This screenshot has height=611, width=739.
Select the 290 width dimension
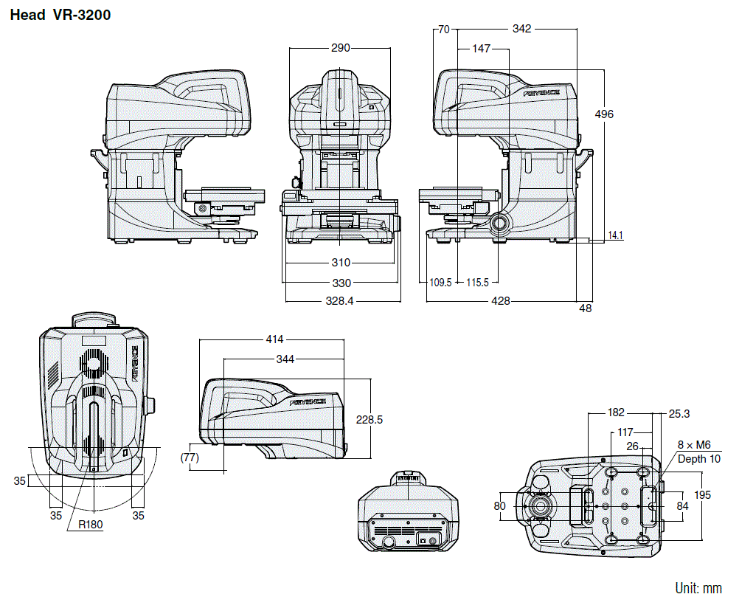point(340,48)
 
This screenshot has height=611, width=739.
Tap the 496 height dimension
point(603,114)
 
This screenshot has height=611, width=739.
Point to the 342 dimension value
point(521,29)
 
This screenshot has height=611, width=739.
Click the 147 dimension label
point(481,49)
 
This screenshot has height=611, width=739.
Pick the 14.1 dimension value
point(615,236)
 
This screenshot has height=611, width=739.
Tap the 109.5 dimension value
point(440,282)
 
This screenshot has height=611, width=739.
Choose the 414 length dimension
point(274,340)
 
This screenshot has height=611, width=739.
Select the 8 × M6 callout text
point(694,445)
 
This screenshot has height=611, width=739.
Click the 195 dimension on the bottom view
point(702,495)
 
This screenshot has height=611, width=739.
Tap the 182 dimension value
point(616,413)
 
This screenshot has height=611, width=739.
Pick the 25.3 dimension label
point(680,413)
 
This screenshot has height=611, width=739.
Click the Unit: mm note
point(698,588)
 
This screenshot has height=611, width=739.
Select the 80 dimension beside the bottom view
point(500,506)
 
